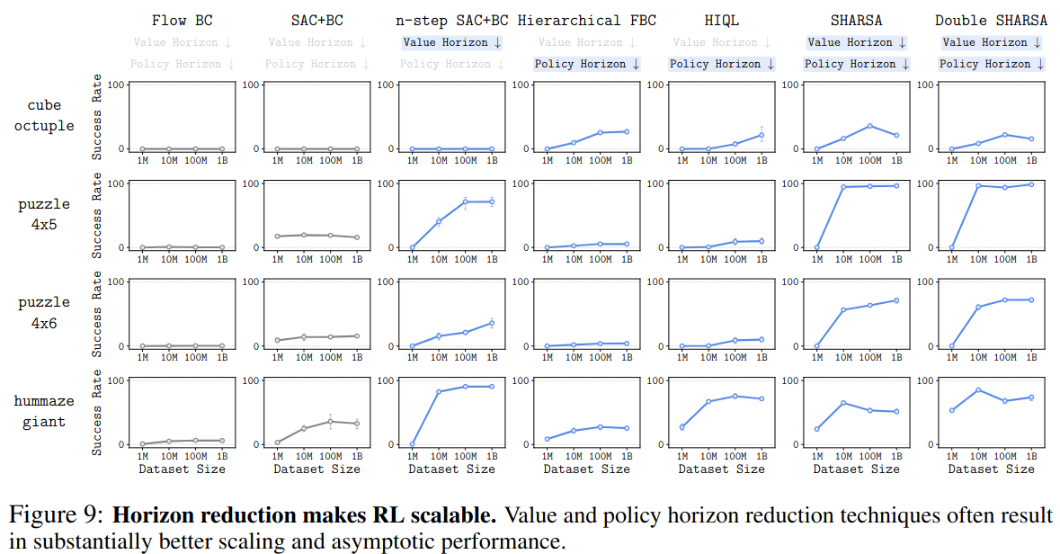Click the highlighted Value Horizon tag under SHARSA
(857, 42)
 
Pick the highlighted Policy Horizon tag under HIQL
(722, 64)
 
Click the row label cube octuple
(44, 115)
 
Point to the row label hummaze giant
(44, 412)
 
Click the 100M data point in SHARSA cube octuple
(869, 126)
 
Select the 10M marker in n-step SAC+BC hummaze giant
(439, 392)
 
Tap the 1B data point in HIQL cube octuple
(762, 135)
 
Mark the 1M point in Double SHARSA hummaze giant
(952, 410)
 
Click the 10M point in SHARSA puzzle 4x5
(843, 187)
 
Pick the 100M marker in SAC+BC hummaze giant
(330, 421)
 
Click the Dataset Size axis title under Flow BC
(183, 469)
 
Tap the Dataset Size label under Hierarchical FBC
(587, 469)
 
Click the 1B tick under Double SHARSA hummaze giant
(1031, 456)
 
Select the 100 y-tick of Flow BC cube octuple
(114, 85)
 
